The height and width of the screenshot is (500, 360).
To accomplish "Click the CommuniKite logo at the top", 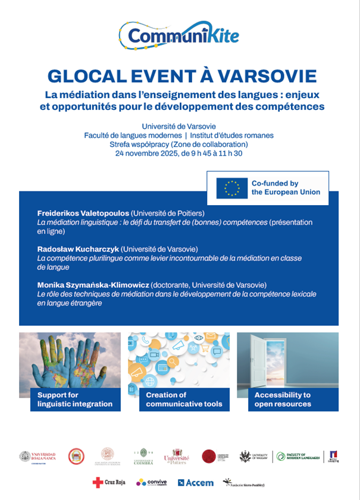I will click(179, 35).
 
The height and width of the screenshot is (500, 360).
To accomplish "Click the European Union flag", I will click(232, 188).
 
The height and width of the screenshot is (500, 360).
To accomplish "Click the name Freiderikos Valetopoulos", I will click(83, 213).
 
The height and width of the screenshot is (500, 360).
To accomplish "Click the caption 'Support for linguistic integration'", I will click(75, 400).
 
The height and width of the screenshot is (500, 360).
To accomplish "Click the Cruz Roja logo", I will click(110, 482).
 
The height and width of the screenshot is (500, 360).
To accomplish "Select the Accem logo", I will click(196, 482).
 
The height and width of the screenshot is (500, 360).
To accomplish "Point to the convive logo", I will click(152, 482).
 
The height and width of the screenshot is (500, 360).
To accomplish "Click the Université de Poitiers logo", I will click(176, 457).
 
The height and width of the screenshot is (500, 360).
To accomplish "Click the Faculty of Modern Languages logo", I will click(299, 457).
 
